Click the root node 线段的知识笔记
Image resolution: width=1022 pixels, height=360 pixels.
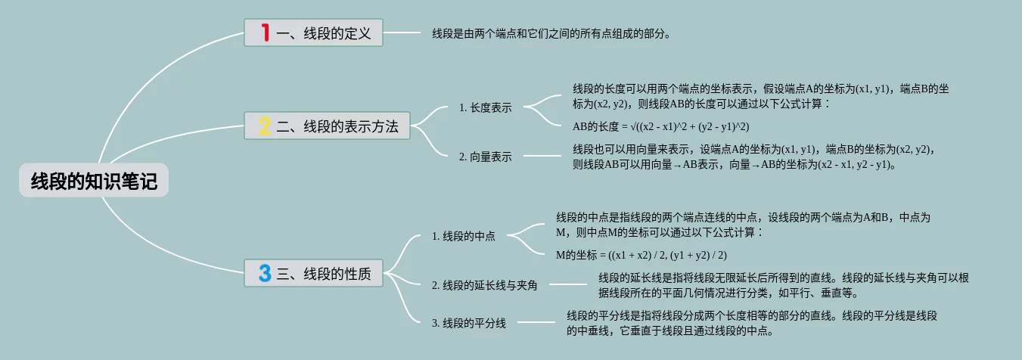(x=94, y=182)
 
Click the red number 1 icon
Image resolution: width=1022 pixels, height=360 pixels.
(x=265, y=33)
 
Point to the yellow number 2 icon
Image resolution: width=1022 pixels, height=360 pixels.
(x=264, y=126)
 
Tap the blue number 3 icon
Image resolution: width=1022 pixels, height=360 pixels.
(x=264, y=273)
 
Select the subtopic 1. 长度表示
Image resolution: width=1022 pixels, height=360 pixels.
(x=485, y=107)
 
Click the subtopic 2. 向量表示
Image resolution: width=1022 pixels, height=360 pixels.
(x=485, y=157)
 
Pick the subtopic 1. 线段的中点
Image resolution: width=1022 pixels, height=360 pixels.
(x=463, y=236)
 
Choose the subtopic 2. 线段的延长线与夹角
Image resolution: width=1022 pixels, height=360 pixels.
(x=484, y=285)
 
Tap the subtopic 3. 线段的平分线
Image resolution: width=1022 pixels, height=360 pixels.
(x=468, y=323)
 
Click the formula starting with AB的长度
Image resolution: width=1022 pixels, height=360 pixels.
(x=660, y=126)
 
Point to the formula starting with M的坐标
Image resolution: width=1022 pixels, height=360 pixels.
(x=641, y=255)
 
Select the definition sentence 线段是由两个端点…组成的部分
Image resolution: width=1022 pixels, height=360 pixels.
(x=551, y=33)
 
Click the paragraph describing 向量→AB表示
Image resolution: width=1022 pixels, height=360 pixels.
(x=755, y=157)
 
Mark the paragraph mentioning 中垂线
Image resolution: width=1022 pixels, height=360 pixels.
(x=752, y=323)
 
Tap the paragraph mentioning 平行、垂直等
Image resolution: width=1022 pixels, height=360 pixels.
(x=783, y=285)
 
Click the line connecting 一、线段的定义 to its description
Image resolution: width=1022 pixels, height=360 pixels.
(x=402, y=33)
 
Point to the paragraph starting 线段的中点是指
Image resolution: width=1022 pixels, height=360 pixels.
(x=743, y=225)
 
